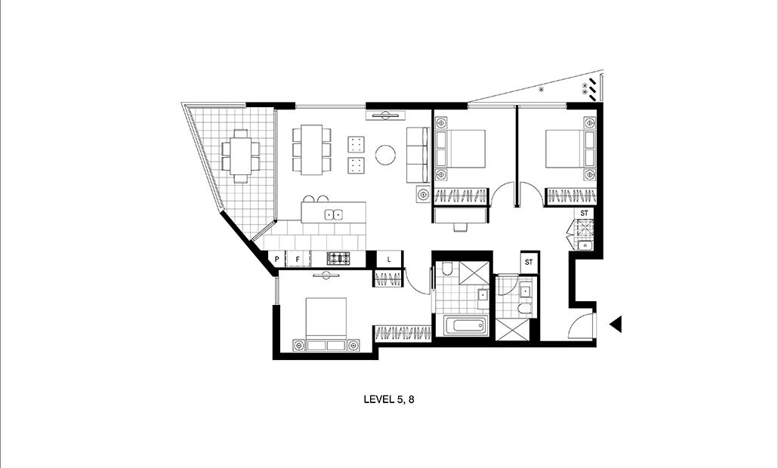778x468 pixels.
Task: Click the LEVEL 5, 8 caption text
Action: click(388, 399)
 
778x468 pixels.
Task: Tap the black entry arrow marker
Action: click(616, 325)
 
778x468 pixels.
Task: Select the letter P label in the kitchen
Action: click(276, 259)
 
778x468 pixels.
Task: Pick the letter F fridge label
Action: click(297, 259)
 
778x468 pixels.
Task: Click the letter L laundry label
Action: click(389, 259)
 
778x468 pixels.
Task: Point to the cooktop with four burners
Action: click(338, 258)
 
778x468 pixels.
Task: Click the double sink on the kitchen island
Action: click(333, 214)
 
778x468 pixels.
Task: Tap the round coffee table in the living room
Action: click(385, 155)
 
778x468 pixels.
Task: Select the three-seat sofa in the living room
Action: click(418, 155)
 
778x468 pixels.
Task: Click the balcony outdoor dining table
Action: click(241, 156)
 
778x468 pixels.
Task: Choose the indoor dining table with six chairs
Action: click(312, 149)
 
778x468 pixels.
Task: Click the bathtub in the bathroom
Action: click(464, 326)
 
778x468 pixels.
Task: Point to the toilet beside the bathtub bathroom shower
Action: click(447, 269)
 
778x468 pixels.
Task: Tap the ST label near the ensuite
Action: click(529, 262)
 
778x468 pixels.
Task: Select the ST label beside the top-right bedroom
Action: click(585, 213)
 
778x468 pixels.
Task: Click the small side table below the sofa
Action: click(423, 194)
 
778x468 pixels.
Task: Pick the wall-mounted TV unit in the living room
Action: click(386, 116)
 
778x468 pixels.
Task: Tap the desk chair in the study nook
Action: click(461, 226)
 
